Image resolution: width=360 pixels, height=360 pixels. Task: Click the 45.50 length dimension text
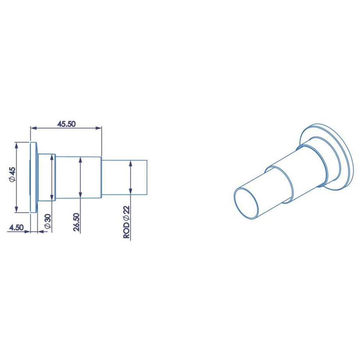point(66,124)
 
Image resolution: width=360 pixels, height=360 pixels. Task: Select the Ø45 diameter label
point(12,174)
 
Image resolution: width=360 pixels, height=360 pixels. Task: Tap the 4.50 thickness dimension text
point(16,227)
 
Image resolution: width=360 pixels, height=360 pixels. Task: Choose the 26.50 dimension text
point(77,222)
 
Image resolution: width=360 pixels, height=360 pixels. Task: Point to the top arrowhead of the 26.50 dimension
point(80,159)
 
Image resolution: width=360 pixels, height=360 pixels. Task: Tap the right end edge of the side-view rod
point(147,177)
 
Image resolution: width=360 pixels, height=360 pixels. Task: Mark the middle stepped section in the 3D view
point(297,168)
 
